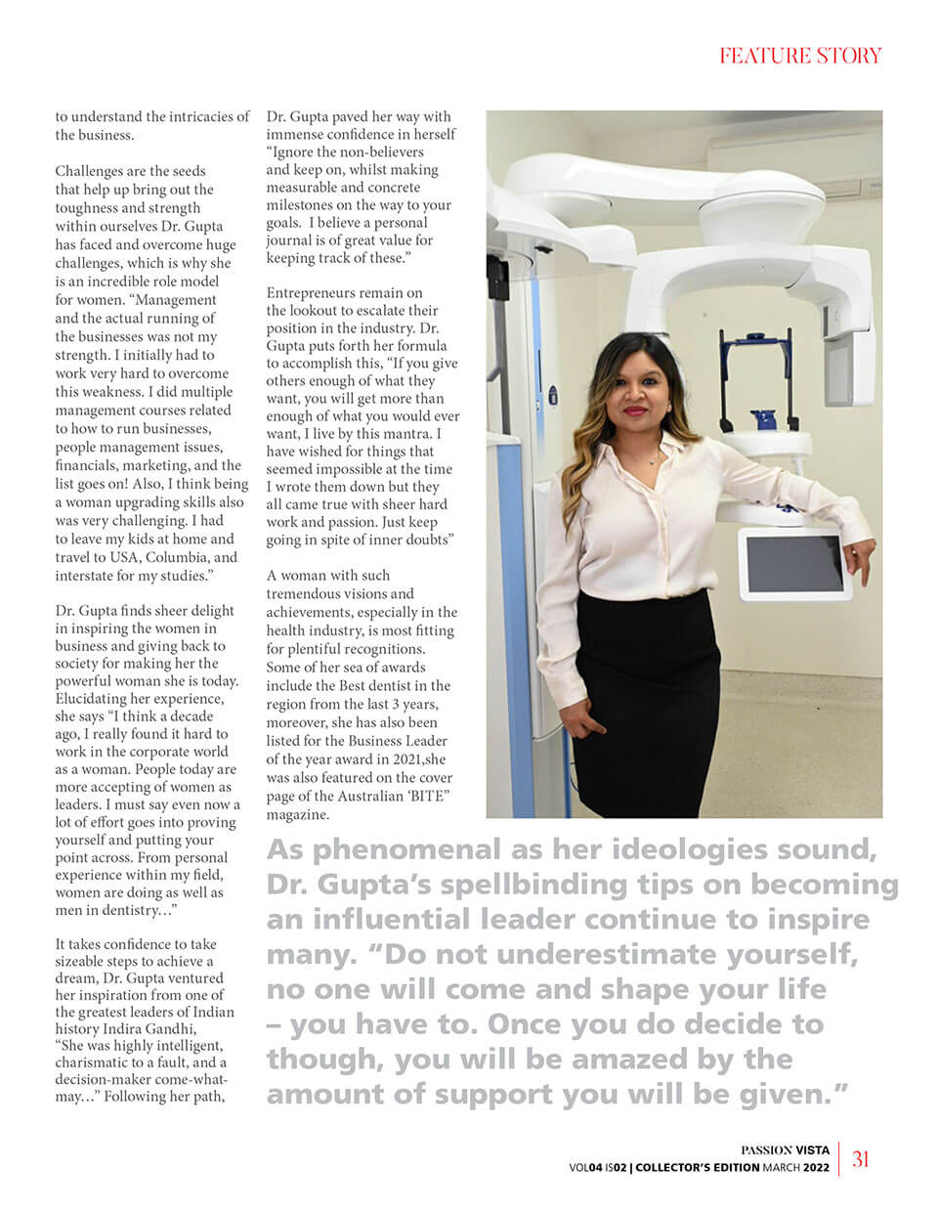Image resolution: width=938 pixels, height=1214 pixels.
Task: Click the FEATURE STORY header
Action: tap(800, 56)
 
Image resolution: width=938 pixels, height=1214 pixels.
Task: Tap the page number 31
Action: tap(861, 1159)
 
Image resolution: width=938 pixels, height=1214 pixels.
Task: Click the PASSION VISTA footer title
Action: tap(785, 1149)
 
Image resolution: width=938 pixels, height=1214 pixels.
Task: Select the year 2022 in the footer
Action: tap(818, 1167)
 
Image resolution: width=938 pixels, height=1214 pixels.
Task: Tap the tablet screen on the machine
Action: tap(792, 563)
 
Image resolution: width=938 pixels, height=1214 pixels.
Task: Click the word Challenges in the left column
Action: tap(91, 171)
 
